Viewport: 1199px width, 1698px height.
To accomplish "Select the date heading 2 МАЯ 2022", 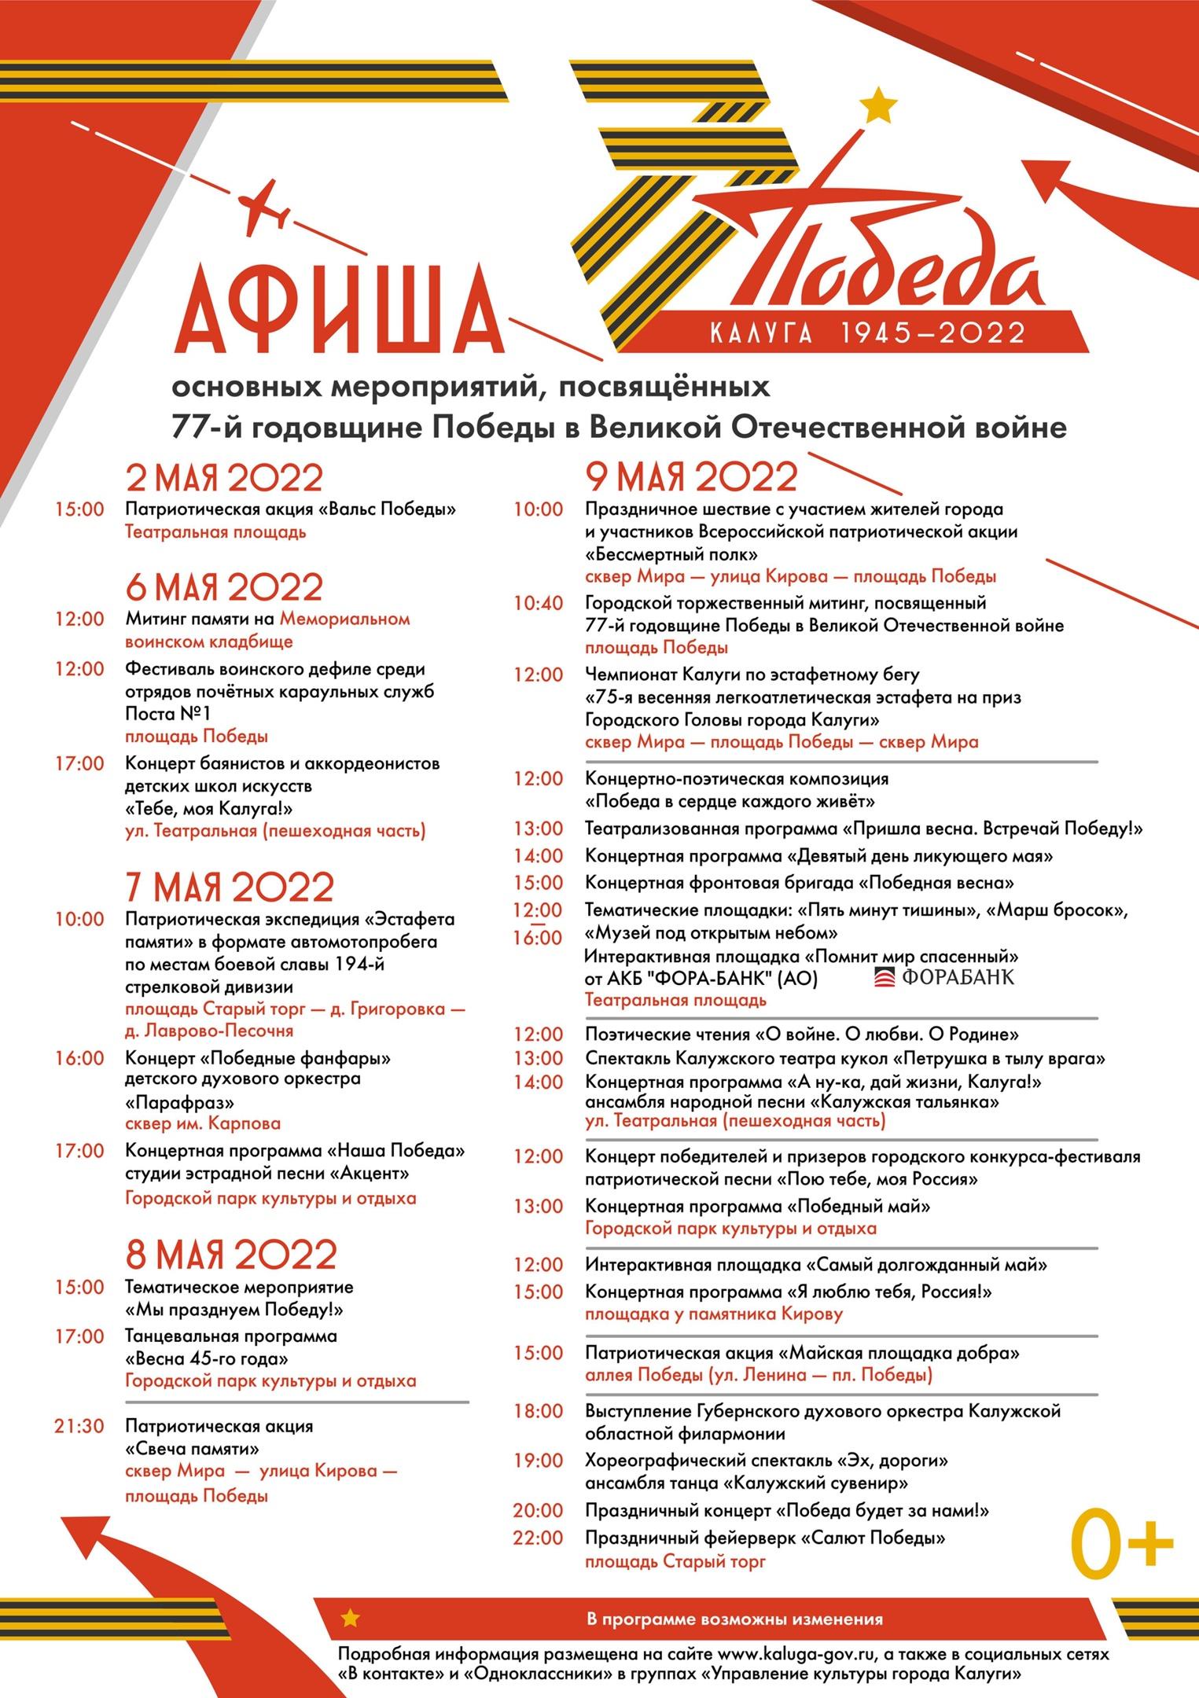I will pyautogui.click(x=225, y=478).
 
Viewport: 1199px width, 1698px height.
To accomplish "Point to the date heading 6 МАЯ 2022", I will pyautogui.click(x=225, y=587).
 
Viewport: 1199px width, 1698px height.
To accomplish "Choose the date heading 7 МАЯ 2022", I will pyautogui.click(x=230, y=887).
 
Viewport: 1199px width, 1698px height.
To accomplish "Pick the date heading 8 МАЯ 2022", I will pyautogui.click(x=231, y=1255).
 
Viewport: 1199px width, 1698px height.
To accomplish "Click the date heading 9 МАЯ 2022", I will pyautogui.click(x=691, y=476).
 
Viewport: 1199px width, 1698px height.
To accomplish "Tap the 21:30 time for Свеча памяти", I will pyautogui.click(x=79, y=1426).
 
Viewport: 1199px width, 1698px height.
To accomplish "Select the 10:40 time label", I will pyautogui.click(x=538, y=603).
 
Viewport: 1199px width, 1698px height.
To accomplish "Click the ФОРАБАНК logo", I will pyautogui.click(x=944, y=977).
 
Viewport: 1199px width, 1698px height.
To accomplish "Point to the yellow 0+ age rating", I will pyautogui.click(x=1120, y=1547).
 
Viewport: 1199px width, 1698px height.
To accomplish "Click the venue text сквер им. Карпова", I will pyautogui.click(x=203, y=1123).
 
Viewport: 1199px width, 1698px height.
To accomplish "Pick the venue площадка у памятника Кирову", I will pyautogui.click(x=714, y=1314).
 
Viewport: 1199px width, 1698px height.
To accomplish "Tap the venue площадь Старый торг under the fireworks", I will pyautogui.click(x=675, y=1561).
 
